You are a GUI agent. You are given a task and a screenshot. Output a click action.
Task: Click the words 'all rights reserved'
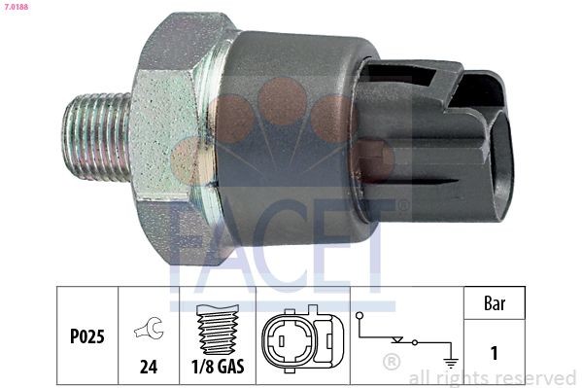(x=494, y=377)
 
